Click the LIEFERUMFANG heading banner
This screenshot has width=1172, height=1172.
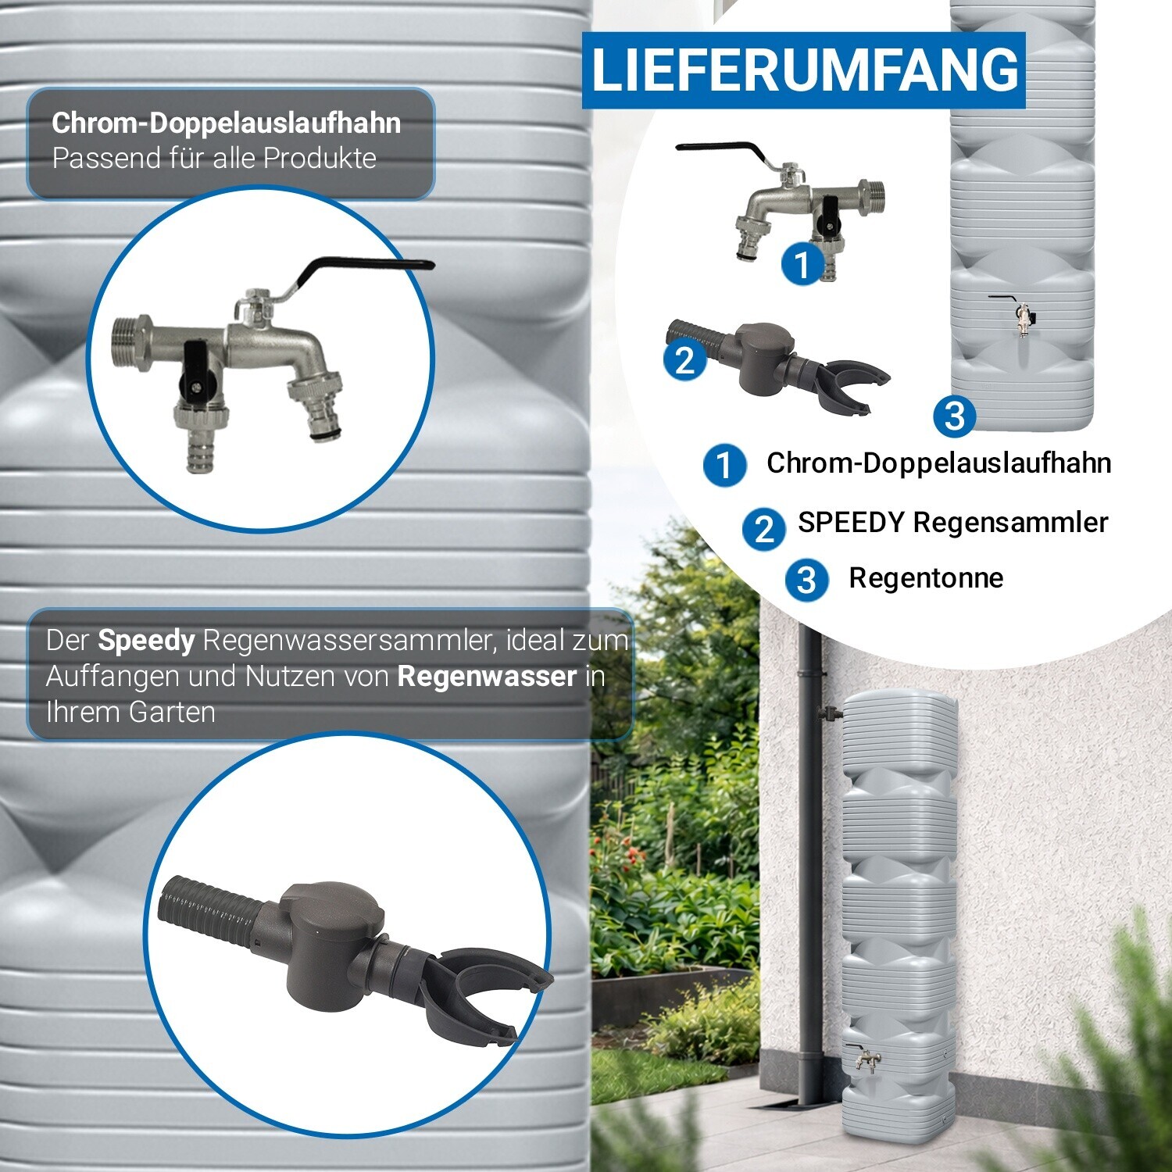pyautogui.click(x=803, y=70)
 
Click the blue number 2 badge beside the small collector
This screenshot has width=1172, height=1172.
pyautogui.click(x=684, y=360)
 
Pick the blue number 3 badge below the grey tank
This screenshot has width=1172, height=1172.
pyautogui.click(x=954, y=416)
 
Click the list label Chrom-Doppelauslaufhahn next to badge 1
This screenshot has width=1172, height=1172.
pyautogui.click(x=938, y=463)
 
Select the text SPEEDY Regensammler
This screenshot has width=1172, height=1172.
pyautogui.click(x=952, y=522)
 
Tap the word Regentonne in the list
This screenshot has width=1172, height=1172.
pyautogui.click(x=926, y=578)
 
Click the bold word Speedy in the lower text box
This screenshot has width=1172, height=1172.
pyautogui.click(x=146, y=641)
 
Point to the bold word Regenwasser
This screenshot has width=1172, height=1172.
pyautogui.click(x=487, y=676)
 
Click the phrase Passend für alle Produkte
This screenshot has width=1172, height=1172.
pyautogui.click(x=214, y=158)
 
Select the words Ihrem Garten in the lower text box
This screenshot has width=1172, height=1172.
pyautogui.click(x=130, y=713)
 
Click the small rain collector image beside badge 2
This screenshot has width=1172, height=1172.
pyautogui.click(x=777, y=364)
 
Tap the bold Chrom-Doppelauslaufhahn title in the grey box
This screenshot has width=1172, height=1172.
pyautogui.click(x=227, y=123)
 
